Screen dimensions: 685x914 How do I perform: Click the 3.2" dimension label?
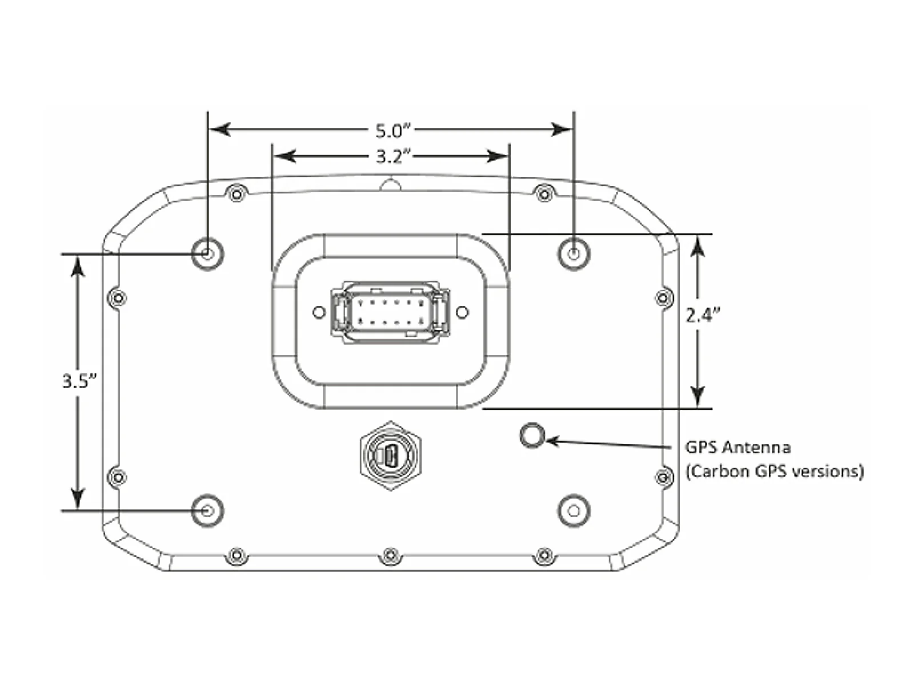pos(390,156)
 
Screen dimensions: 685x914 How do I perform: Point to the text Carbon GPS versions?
pos(774,472)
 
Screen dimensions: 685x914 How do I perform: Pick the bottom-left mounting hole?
pos(207,510)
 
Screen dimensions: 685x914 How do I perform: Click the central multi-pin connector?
pos(390,312)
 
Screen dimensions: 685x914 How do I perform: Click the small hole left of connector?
pos(319,312)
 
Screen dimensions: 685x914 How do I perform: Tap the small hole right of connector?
pos(463,312)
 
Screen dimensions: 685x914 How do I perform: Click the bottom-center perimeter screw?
pos(390,554)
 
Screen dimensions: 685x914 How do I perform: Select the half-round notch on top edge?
pos(390,184)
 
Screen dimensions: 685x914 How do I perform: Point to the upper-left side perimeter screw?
pos(117,298)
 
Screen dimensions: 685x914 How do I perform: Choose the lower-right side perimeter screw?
pos(663,476)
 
